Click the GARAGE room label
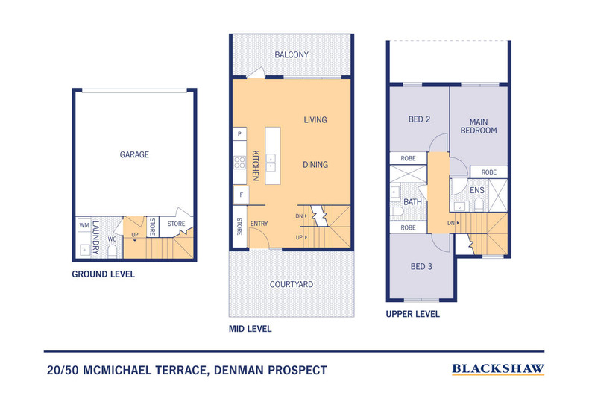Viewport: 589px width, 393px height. click(134, 155)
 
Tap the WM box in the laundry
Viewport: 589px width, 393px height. click(84, 225)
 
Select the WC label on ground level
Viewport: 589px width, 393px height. click(111, 239)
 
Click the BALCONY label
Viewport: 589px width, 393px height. click(291, 55)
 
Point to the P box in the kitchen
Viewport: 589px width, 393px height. click(240, 134)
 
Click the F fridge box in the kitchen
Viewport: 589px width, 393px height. click(240, 195)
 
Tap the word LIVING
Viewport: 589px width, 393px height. click(315, 119)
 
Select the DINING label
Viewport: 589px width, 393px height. click(315, 165)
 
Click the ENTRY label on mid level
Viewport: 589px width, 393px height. click(259, 224)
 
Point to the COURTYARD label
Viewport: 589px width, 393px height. click(291, 284)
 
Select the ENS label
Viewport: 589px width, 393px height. click(477, 191)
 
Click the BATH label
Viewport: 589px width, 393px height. click(413, 202)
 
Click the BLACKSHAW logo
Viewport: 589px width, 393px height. click(498, 368)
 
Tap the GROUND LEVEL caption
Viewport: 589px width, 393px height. click(103, 274)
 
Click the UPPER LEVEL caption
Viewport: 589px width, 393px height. click(412, 314)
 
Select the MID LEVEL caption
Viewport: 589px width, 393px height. click(250, 329)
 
